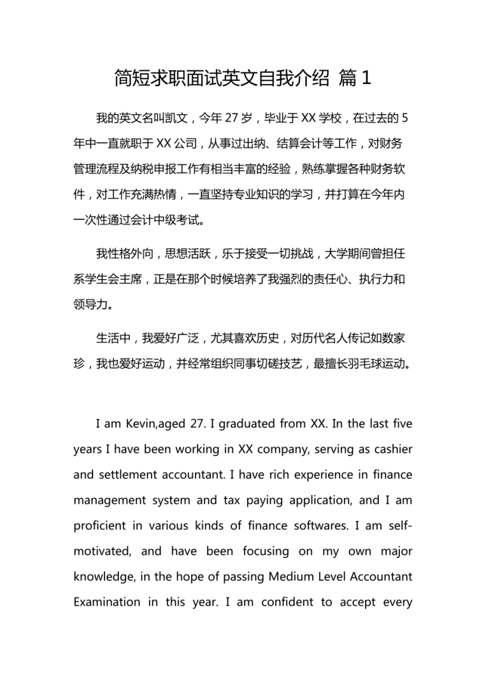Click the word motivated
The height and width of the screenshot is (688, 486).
[x=101, y=551]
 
